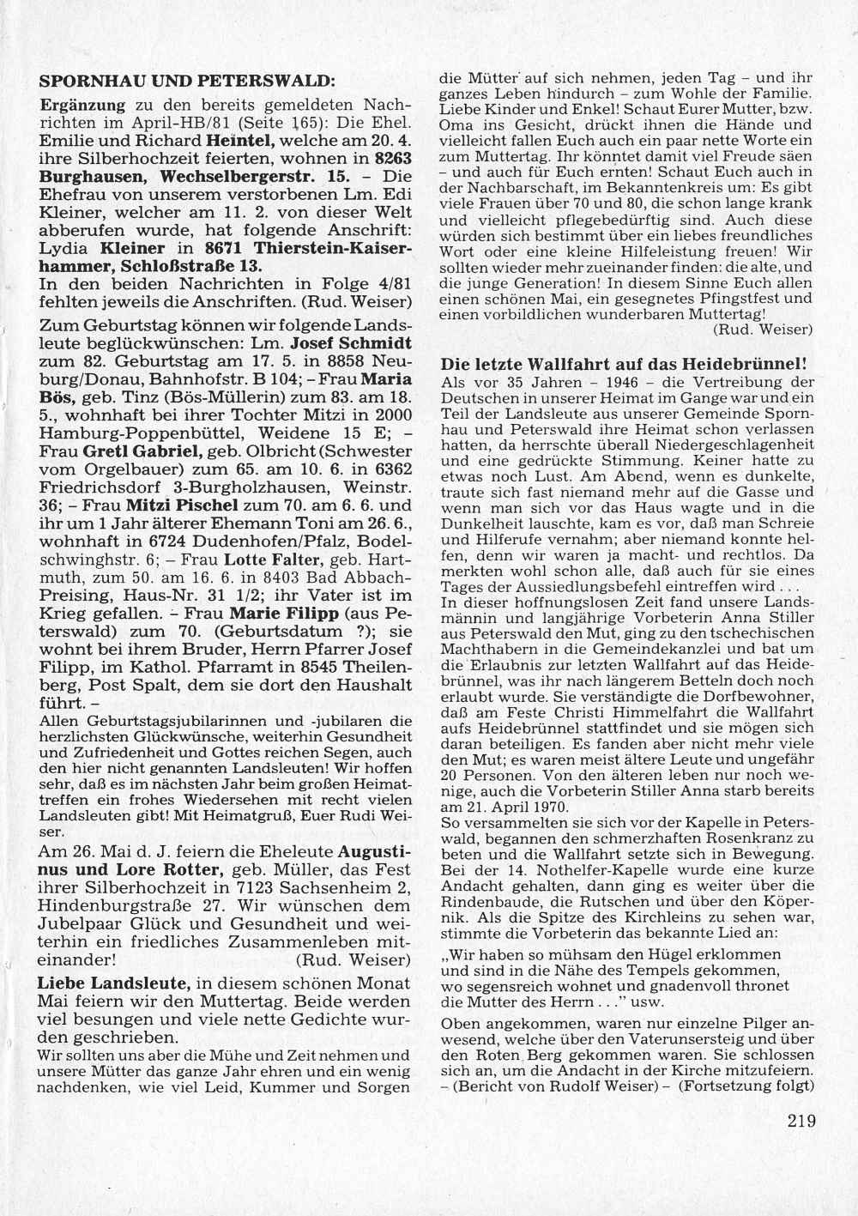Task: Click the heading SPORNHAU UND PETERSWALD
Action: (185, 83)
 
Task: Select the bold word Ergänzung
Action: (83, 105)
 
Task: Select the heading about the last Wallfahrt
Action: (624, 363)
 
